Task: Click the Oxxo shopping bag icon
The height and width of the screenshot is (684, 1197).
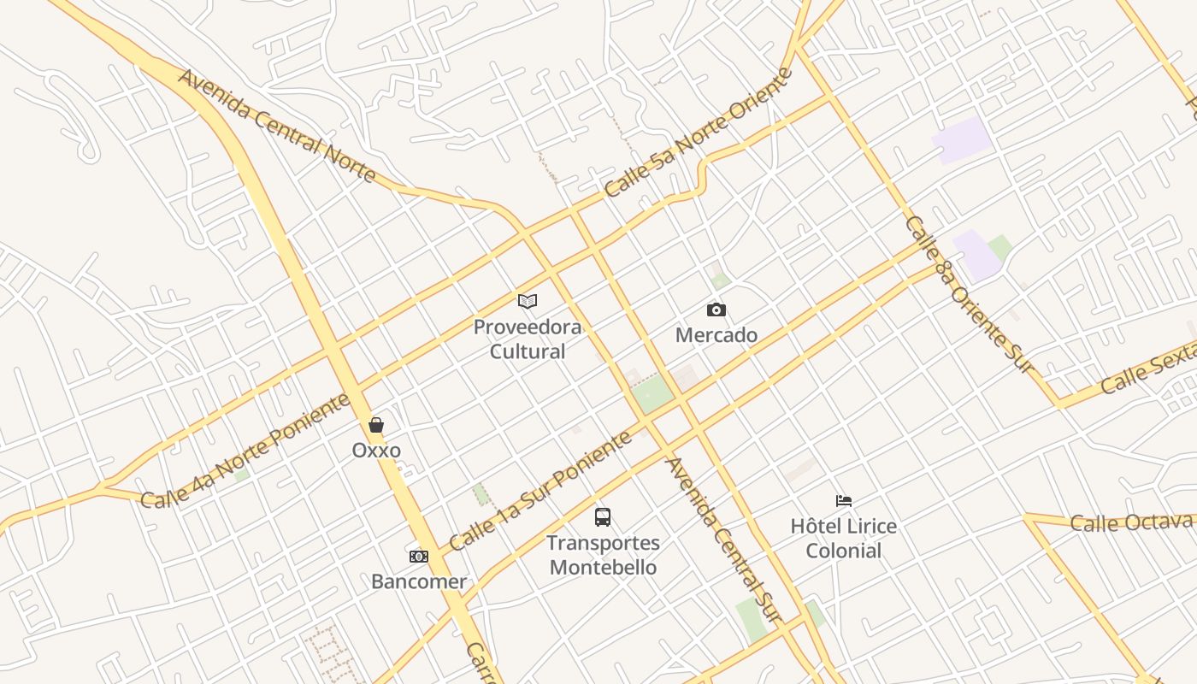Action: point(375,425)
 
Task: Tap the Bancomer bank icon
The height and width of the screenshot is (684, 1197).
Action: point(418,557)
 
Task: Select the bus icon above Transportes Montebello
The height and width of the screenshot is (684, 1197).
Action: point(603,516)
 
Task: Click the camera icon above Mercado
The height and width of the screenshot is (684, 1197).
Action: point(716,310)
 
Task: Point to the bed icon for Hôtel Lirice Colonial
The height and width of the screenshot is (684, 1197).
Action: point(844,501)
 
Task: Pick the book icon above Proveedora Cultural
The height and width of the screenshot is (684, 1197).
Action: point(528,301)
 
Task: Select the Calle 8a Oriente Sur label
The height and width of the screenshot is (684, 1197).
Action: point(970,294)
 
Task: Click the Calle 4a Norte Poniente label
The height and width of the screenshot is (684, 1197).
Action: point(245,451)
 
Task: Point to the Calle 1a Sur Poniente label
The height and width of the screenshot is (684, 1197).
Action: point(540,490)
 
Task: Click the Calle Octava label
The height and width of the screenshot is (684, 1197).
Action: point(1131,522)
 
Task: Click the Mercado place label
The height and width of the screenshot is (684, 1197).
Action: point(716,335)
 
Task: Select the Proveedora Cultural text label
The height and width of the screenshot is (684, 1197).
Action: point(528,339)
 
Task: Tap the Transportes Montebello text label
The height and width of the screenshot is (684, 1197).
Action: point(603,555)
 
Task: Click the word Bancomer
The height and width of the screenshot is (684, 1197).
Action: point(419,581)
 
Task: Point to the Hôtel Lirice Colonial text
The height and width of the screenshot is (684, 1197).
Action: point(844,538)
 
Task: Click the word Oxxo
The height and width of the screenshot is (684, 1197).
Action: point(376,450)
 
